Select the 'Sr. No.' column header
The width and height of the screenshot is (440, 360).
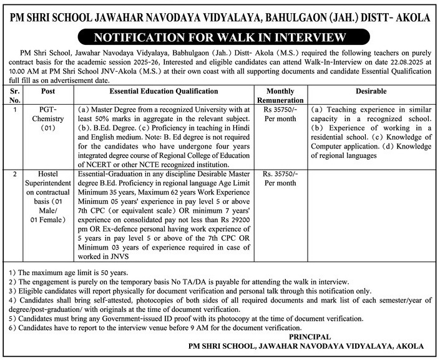pos(15,95)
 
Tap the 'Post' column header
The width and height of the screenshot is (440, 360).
pos(47,91)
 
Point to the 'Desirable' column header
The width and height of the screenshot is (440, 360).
pos(371,91)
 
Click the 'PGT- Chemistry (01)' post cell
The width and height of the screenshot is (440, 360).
pos(47,119)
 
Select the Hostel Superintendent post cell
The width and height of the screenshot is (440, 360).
pos(47,198)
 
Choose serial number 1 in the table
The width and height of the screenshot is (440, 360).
pos(15,109)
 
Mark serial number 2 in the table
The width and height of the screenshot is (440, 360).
pos(15,174)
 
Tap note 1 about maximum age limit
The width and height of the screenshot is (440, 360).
pos(69,273)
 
